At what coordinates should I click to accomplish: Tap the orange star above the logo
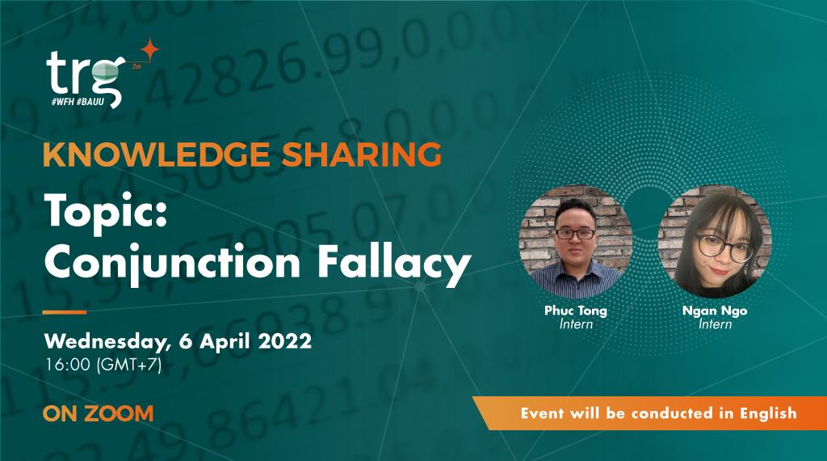click(149, 49)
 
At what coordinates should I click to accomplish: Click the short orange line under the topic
click(65, 311)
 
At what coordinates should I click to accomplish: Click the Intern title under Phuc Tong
click(576, 325)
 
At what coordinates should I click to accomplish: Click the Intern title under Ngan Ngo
click(715, 325)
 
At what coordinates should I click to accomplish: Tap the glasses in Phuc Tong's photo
click(575, 234)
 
